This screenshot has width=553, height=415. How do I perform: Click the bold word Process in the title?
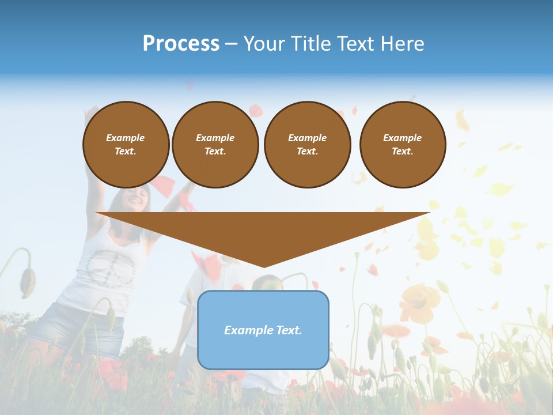pos(181,44)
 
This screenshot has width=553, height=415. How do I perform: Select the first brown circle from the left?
pos(126,145)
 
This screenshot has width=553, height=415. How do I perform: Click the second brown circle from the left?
pos(215,145)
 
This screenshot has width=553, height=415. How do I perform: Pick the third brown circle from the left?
pos(307,145)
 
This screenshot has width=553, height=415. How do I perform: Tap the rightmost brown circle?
pos(403,145)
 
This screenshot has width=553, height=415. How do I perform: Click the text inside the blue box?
pos(263,330)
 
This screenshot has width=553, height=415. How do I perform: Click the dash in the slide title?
pos(231,44)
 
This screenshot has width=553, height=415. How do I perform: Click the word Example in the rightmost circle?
pos(402,138)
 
